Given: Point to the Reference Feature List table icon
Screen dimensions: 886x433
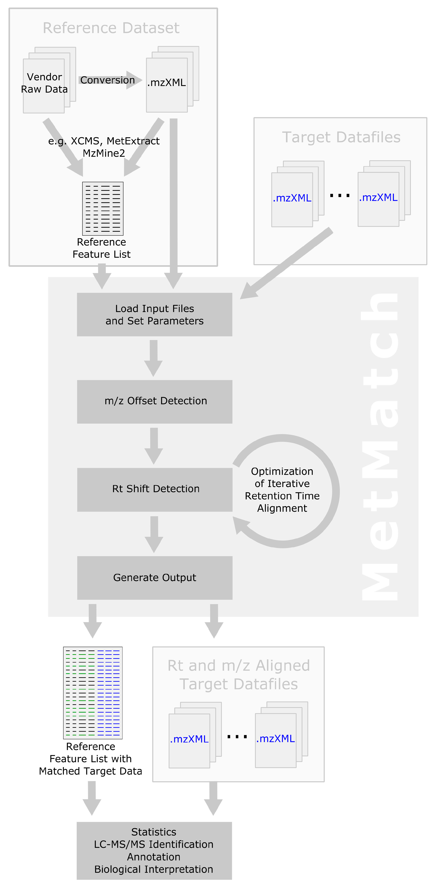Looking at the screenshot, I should click(103, 208).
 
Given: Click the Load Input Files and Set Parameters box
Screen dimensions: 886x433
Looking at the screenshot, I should click(155, 314).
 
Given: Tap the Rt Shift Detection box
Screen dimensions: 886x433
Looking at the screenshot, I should click(155, 489).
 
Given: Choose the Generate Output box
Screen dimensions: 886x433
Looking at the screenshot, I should click(155, 577).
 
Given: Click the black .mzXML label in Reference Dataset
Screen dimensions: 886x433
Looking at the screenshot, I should click(167, 82).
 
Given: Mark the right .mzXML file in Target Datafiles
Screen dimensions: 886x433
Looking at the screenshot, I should click(378, 197).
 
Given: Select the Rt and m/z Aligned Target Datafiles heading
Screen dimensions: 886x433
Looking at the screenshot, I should click(238, 674).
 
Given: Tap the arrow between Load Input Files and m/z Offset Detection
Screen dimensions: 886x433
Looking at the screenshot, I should click(153, 358).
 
